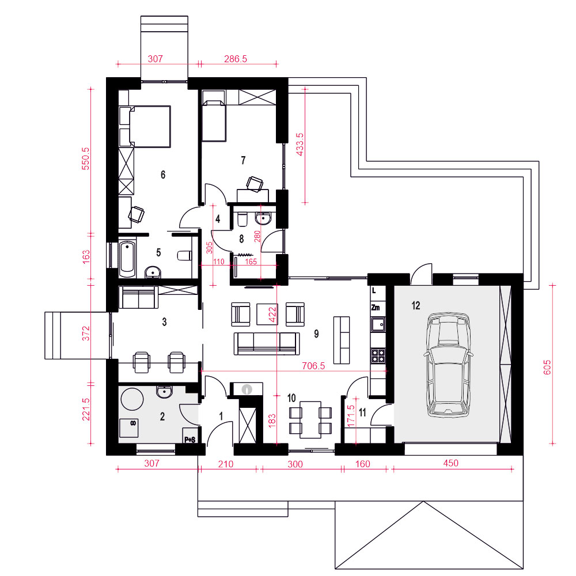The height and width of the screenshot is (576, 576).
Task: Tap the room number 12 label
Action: click(416, 305)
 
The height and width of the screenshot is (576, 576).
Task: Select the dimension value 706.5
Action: click(313, 366)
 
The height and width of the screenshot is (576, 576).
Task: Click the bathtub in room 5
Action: click(127, 259)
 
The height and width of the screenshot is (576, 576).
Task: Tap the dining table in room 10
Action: click(310, 419)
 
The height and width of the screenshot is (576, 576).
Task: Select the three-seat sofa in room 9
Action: click(267, 343)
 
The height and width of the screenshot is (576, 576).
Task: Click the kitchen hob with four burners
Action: click(378, 355)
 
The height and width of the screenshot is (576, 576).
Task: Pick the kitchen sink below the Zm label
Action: click(378, 324)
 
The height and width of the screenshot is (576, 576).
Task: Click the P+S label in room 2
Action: click(190, 439)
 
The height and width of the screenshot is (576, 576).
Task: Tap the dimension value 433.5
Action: click(300, 145)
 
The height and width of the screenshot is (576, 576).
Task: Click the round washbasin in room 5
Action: click(153, 272)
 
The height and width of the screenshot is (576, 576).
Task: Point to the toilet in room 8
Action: click(242, 219)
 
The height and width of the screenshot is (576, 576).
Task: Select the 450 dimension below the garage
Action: click(451, 463)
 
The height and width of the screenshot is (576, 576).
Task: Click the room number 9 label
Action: click(316, 334)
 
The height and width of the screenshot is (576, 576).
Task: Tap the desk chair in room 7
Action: click(254, 184)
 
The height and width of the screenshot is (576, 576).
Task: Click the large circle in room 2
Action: click(132, 399)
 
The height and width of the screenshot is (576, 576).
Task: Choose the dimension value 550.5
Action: click(85, 159)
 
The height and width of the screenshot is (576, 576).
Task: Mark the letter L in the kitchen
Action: click(374, 290)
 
